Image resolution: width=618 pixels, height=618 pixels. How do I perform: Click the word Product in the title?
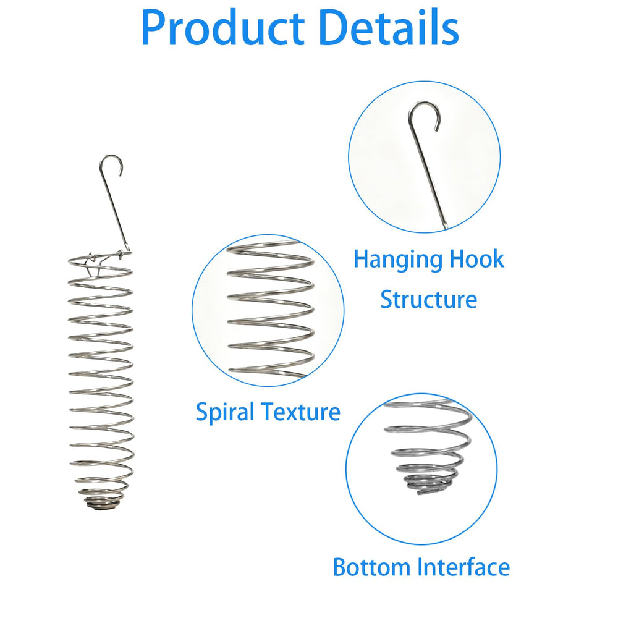pyautogui.click(x=222, y=28)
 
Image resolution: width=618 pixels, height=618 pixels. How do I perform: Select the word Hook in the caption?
pyautogui.click(x=477, y=259)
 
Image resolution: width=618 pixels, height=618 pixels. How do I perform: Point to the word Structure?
pyautogui.click(x=428, y=300)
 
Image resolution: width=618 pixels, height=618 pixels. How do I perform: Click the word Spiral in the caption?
pyautogui.click(x=225, y=413)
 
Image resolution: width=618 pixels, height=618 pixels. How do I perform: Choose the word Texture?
pyautogui.click(x=301, y=412)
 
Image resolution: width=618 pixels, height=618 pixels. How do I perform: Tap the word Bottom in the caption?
pyautogui.click(x=371, y=567)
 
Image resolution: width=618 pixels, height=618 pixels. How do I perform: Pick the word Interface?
pyautogui.click(x=463, y=567)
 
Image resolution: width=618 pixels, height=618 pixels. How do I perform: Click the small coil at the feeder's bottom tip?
pyautogui.click(x=102, y=503)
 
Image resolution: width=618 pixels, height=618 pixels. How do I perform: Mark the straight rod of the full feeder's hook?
pyautogui.click(x=115, y=211)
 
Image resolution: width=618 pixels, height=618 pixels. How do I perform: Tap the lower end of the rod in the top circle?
pyautogui.click(x=446, y=226)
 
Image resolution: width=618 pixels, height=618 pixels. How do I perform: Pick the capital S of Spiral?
pyautogui.click(x=202, y=412)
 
